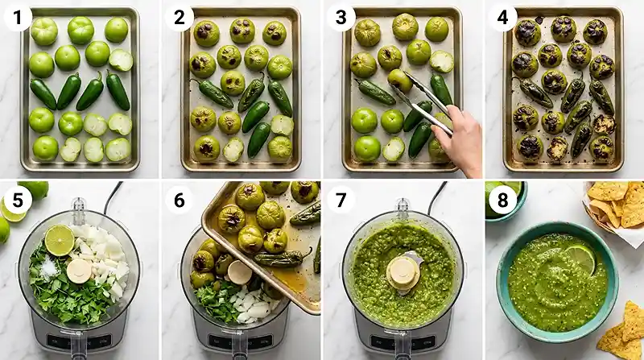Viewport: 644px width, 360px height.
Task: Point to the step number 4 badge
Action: coord(502,15)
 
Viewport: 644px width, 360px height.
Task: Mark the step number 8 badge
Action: coord(503,200)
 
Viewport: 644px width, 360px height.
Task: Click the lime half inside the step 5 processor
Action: coord(59,239)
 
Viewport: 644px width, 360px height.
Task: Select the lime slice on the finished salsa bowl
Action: coord(580,258)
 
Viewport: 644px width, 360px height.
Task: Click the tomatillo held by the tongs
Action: coord(399,80)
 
